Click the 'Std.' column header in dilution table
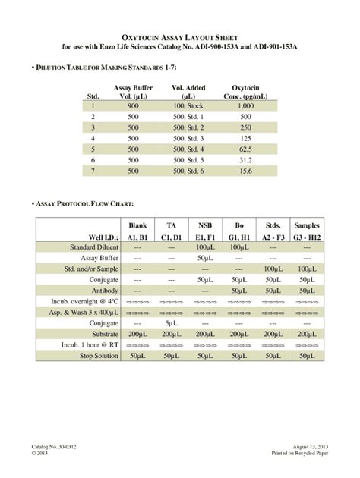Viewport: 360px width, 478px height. pyautogui.click(x=93, y=96)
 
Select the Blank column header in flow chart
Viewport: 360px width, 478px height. pyautogui.click(x=137, y=225)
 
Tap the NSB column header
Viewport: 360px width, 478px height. pyautogui.click(x=205, y=225)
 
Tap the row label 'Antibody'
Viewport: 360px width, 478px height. pyautogui.click(x=104, y=290)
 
